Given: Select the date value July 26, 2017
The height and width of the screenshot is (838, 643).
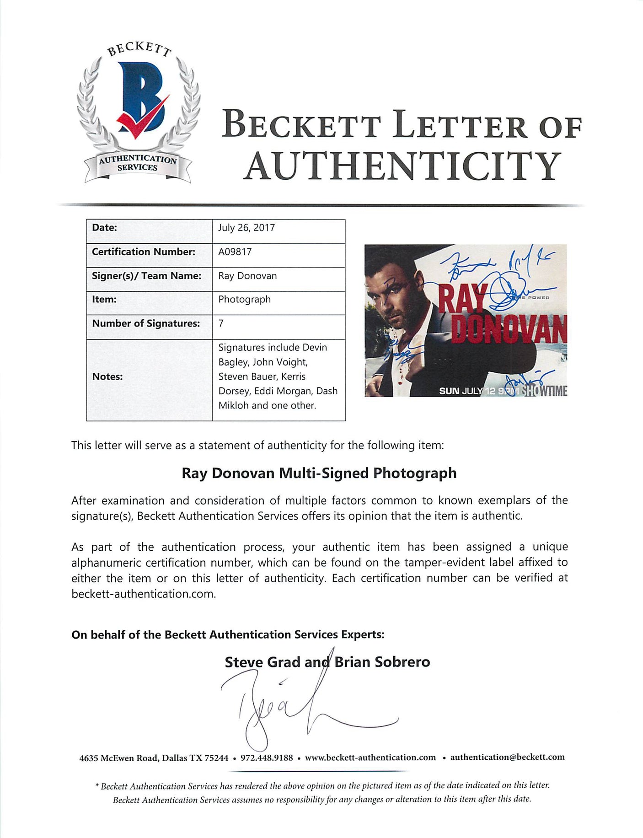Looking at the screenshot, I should pyautogui.click(x=246, y=228).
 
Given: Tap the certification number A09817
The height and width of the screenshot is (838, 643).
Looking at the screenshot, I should pyautogui.click(x=235, y=252).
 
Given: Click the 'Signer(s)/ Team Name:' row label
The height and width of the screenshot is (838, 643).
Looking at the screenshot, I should pyautogui.click(x=146, y=276).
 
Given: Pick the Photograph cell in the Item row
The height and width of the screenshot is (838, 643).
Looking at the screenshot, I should pyautogui.click(x=244, y=299).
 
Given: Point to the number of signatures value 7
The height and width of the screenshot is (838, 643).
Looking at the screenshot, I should pyautogui.click(x=221, y=323).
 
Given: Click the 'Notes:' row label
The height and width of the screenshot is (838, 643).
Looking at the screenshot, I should pyautogui.click(x=107, y=376).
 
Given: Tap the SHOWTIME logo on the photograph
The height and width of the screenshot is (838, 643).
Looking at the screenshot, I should pyautogui.click(x=544, y=391).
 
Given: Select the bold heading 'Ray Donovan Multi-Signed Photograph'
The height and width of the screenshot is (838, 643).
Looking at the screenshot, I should pyautogui.click(x=319, y=473).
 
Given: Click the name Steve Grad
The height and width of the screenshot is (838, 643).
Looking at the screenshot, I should pyautogui.click(x=262, y=662).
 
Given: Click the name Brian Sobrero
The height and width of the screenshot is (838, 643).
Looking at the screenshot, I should pyautogui.click(x=382, y=662).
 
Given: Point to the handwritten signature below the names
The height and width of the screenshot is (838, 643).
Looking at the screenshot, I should pyautogui.click(x=293, y=700).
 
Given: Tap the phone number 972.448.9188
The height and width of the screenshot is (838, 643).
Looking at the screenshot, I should pyautogui.click(x=267, y=757).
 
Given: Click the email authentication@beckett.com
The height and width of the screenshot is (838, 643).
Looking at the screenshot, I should pyautogui.click(x=507, y=757).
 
